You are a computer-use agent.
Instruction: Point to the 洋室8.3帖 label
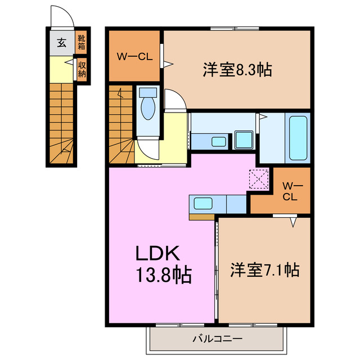point(237,70)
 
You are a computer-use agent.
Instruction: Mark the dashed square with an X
point(260,180)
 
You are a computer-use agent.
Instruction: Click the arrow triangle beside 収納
point(71,64)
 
